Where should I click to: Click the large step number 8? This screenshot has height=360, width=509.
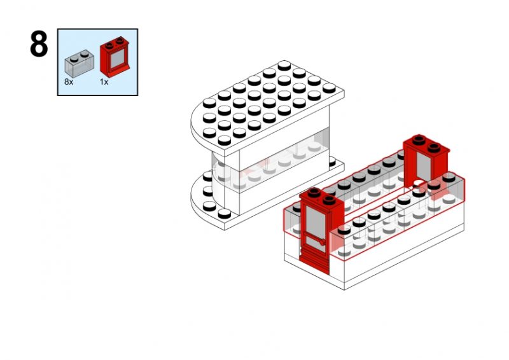tap(39, 44)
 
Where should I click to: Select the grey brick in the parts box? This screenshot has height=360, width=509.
tap(80, 64)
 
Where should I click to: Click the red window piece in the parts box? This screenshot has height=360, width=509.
tap(115, 57)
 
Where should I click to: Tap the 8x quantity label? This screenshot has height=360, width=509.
tap(69, 82)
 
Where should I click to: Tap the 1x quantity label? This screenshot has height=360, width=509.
tap(104, 82)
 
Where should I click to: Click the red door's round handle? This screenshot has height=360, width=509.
tap(322, 242)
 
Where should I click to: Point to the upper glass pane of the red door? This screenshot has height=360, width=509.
tap(316, 221)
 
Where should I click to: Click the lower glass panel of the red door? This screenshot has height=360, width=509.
tap(316, 244)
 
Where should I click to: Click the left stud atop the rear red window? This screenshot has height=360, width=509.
tap(419, 140)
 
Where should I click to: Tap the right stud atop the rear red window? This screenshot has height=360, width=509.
tap(434, 148)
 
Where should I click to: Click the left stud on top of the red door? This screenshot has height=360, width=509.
tap(314, 192)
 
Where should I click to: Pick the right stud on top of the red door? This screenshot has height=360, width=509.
tap(329, 200)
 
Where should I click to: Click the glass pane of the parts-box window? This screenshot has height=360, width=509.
tap(118, 59)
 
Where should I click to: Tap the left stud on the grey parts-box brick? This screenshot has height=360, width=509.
tap(74, 59)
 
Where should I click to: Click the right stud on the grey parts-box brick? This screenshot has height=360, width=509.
tap(85, 53)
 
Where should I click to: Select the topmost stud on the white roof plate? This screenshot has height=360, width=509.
tap(284, 66)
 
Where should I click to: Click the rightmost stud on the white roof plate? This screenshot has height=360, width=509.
tap(329, 88)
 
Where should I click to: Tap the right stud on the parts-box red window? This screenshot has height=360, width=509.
tap(120, 41)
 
